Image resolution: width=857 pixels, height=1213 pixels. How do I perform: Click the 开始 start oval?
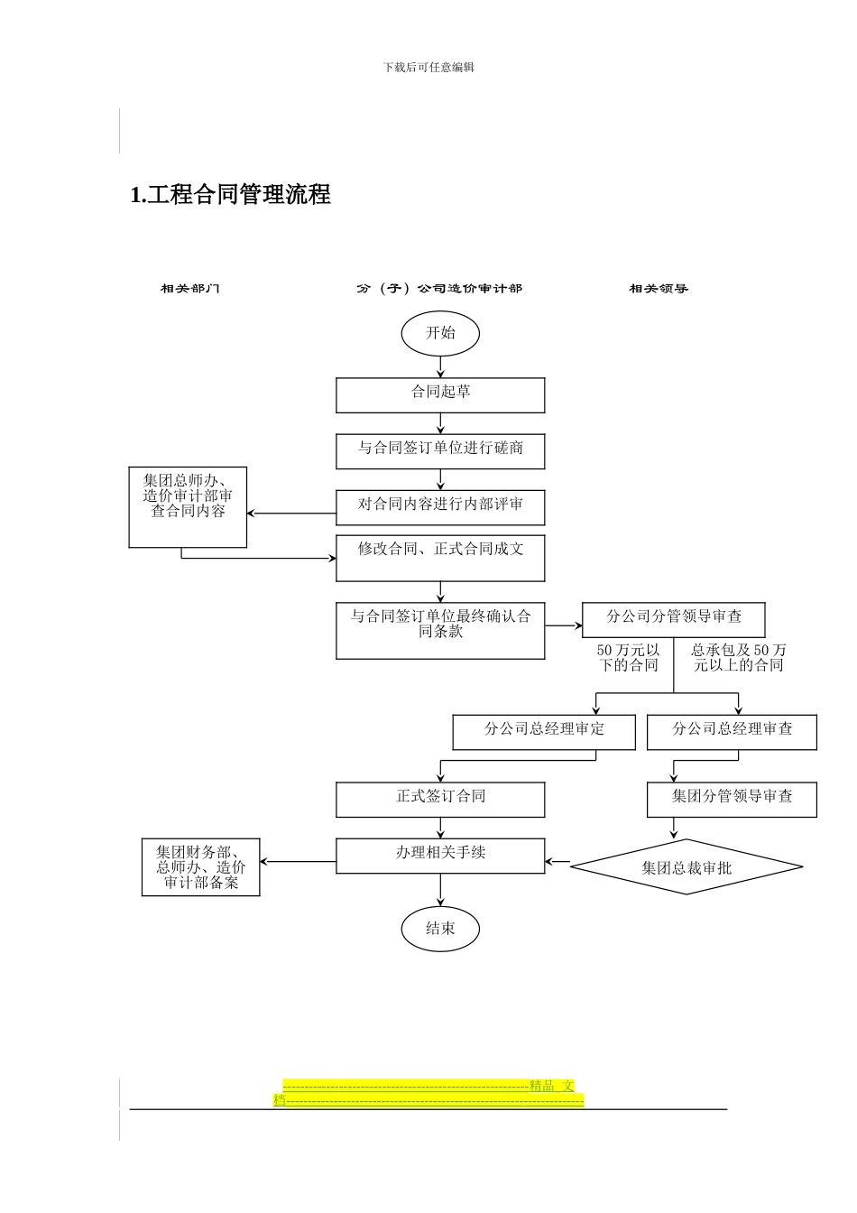click(x=440, y=333)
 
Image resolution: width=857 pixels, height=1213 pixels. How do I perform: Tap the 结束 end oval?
click(x=440, y=929)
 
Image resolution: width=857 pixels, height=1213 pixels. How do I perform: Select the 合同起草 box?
click(x=440, y=394)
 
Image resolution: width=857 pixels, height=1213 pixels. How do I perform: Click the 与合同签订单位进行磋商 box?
click(x=440, y=450)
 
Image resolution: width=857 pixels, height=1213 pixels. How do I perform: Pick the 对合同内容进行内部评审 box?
click(x=440, y=506)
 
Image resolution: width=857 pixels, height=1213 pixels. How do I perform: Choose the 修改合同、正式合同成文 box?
click(x=440, y=558)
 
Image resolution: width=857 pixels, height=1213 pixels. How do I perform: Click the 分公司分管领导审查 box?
click(x=673, y=619)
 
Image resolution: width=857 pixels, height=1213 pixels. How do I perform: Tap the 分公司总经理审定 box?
click(x=544, y=731)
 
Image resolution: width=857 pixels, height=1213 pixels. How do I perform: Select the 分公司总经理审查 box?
click(x=732, y=731)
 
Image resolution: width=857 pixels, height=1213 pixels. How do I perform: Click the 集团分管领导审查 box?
click(x=732, y=799)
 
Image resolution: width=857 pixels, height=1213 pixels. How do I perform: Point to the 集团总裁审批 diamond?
click(x=687, y=867)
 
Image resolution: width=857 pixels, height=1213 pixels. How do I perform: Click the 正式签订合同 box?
click(x=440, y=799)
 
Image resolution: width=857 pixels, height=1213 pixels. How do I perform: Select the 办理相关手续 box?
click(x=440, y=855)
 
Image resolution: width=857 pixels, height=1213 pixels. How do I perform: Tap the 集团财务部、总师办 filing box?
click(x=200, y=867)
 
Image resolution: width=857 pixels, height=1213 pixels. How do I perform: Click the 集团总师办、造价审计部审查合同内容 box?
click(x=188, y=506)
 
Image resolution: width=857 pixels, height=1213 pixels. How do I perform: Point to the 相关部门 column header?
click(x=189, y=289)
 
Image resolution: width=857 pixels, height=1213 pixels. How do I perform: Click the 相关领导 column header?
click(x=659, y=289)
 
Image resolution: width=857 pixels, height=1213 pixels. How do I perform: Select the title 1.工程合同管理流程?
click(x=231, y=195)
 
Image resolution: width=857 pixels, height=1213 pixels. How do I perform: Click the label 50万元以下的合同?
click(x=628, y=658)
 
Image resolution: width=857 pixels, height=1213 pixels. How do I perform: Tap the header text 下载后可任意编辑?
click(x=428, y=68)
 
